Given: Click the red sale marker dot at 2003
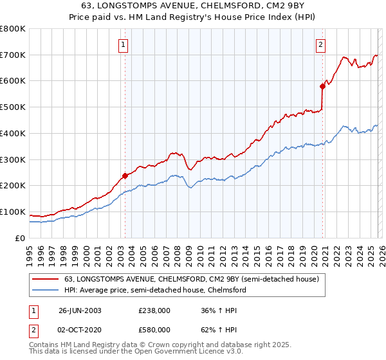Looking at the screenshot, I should pos(124,175).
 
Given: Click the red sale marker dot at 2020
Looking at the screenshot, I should pos(322,85).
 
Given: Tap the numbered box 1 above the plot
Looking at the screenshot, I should pos(123,44).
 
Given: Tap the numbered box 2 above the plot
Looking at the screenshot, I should pos(320,44).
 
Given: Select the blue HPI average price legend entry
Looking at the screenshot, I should pos(154,291).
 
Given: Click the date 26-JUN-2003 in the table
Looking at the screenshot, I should pos(80,310).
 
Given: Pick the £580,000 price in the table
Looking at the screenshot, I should pos(154,329).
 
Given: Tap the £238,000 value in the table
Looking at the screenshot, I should pos(154,310).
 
